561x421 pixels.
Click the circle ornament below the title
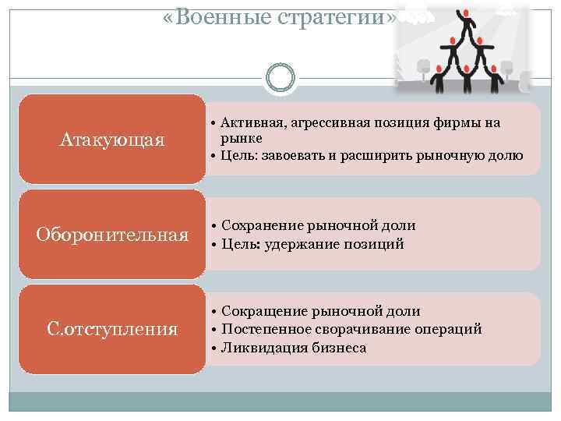click(280, 76)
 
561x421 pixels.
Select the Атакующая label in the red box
click(112, 140)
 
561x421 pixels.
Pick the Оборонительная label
click(112, 235)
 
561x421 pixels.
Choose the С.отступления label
click(112, 329)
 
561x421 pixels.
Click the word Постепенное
click(265, 329)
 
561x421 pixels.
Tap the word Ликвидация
click(259, 348)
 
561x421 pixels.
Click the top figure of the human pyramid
click(464, 17)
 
